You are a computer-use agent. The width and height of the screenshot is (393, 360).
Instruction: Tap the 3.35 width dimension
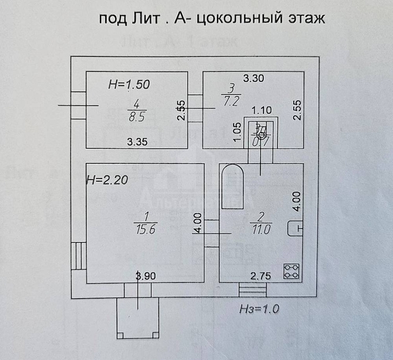click(x=137, y=142)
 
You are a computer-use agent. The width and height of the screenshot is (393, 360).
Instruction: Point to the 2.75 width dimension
click(x=259, y=276)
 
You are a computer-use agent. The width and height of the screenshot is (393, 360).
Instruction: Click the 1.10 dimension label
click(x=262, y=111)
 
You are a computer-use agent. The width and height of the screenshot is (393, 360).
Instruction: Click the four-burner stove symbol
click(x=291, y=270)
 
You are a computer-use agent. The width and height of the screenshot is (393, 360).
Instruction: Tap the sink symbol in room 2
click(x=294, y=228)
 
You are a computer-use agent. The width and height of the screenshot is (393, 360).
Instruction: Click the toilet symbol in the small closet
click(x=261, y=132)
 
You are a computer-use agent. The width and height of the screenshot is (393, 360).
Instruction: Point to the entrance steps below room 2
click(x=251, y=289)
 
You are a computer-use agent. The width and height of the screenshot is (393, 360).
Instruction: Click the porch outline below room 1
click(x=137, y=318)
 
